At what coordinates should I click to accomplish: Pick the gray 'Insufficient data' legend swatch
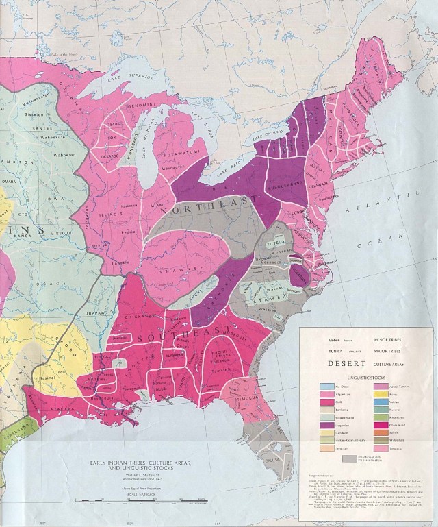tap(350, 458)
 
